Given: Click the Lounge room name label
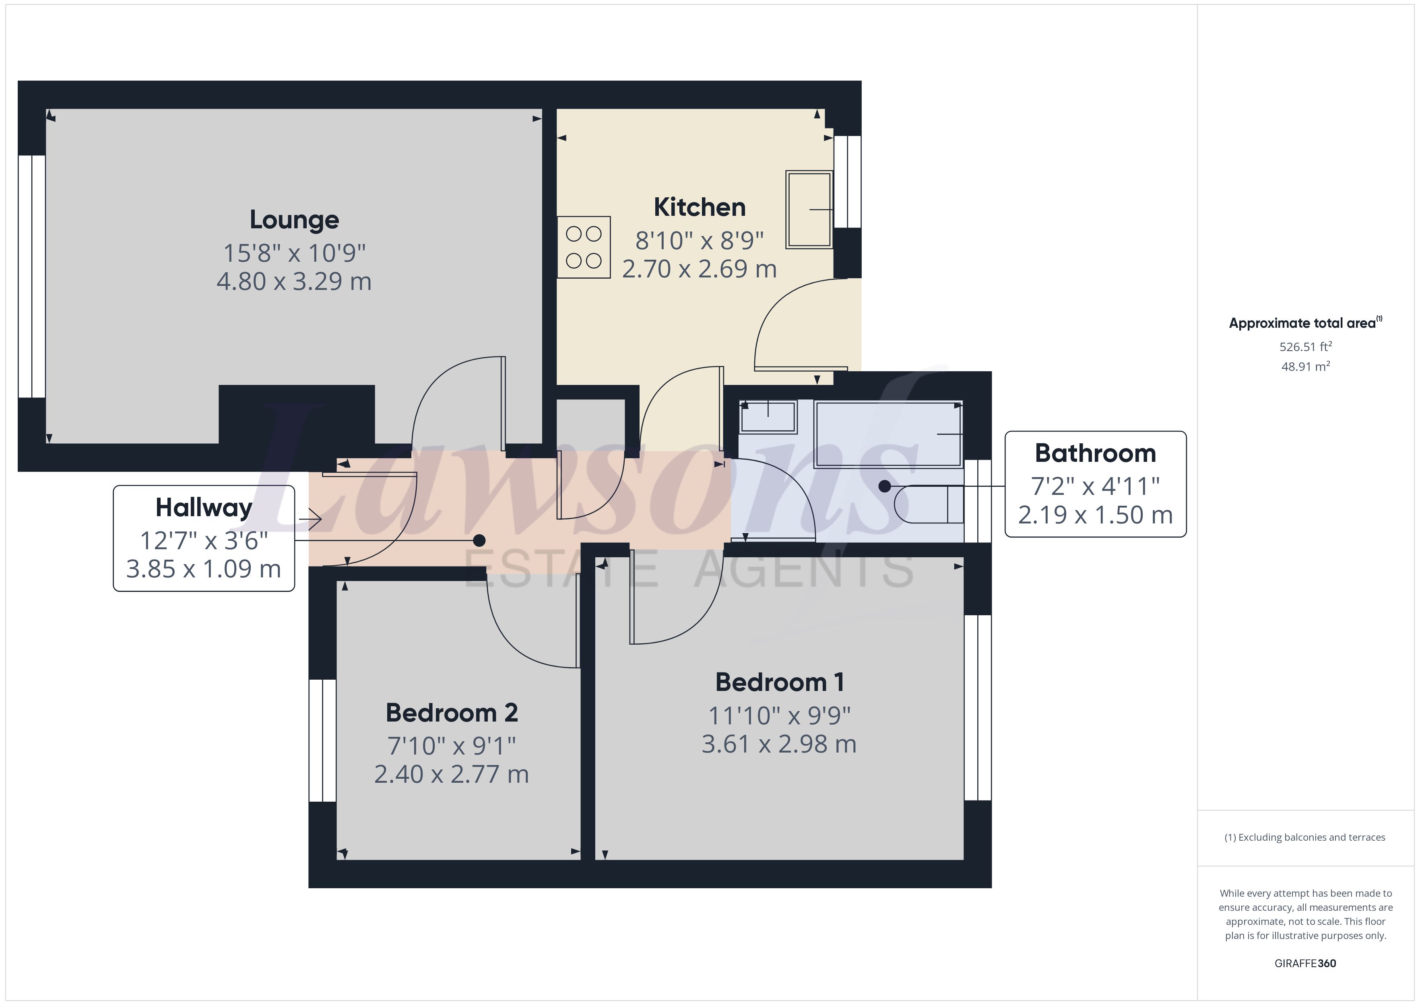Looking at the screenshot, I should tap(294, 220).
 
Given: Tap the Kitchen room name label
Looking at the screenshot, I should tap(700, 207).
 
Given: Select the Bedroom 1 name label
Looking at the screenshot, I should tap(779, 682).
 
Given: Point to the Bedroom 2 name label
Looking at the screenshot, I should tap(452, 713).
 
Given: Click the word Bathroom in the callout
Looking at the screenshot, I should tap(1095, 454).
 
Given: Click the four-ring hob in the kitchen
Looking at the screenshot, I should tap(584, 247).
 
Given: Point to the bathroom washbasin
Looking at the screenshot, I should tap(768, 416).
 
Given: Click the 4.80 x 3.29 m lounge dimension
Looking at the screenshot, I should tap(294, 281).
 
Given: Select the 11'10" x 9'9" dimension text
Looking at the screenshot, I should tap(779, 716).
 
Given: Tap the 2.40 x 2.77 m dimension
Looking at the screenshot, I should tap(452, 774).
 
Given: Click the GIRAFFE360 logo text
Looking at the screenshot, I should tap(1305, 963).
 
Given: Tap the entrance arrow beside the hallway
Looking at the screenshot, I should tap(310, 519).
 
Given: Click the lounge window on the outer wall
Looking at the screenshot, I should tap(31, 276).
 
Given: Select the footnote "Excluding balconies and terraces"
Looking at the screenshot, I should tap(1305, 837).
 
